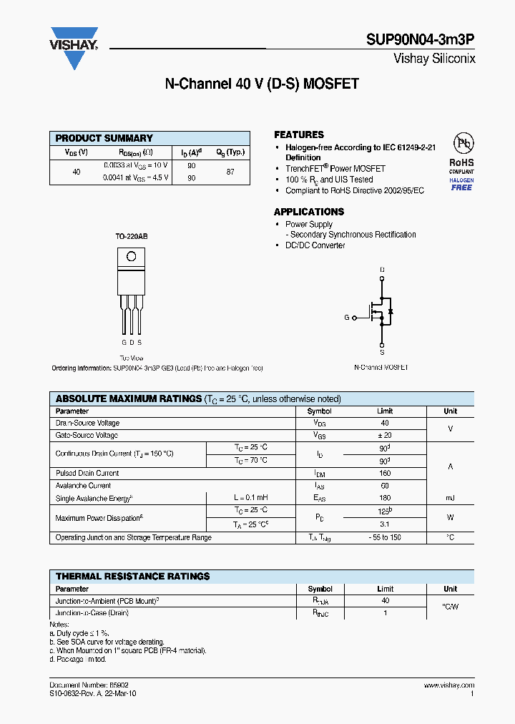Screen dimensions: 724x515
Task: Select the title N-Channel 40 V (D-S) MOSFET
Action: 262,84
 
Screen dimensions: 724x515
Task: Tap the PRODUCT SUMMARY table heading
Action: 104,138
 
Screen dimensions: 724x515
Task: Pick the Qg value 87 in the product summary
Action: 230,172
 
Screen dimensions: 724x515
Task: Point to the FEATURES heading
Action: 299,134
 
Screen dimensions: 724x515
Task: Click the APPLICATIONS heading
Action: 309,212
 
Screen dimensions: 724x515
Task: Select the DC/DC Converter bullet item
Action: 315,245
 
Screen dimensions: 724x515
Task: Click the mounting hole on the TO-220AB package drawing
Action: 131,257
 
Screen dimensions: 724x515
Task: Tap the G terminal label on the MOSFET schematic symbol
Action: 347,317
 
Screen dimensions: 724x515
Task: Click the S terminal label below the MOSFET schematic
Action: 382,352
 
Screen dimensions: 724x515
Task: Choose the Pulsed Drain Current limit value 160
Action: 385,474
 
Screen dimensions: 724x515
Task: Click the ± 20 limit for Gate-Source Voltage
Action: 385,435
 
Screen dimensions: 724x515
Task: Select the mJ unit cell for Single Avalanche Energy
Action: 450,498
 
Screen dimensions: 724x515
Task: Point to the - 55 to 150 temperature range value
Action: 385,537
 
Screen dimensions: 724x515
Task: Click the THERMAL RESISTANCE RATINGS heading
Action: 133,576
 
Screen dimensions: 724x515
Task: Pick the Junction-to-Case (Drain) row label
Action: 92,613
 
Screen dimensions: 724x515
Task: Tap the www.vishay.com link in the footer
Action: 449,685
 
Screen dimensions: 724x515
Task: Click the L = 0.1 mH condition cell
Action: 250,498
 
